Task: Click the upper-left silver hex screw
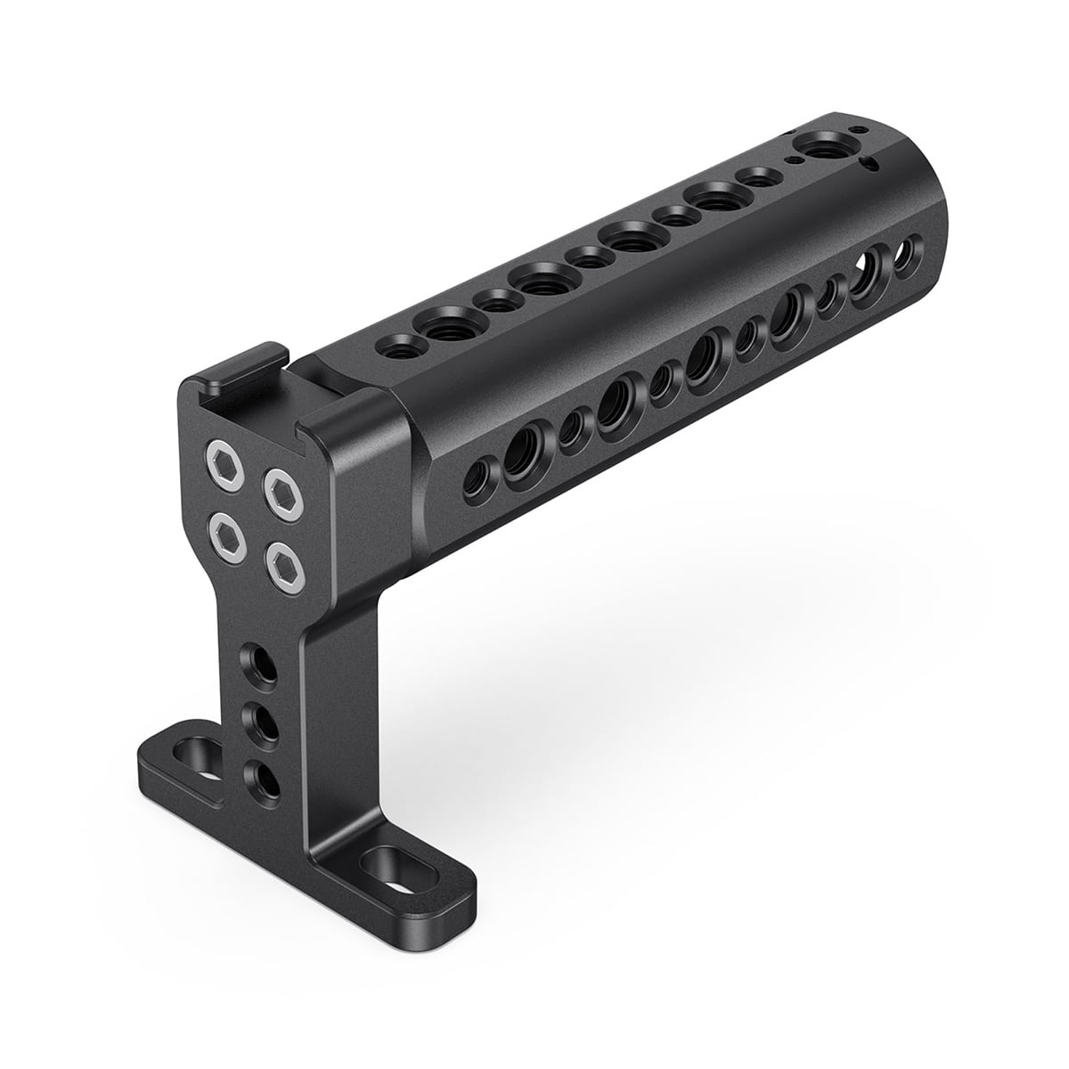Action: tap(220, 461)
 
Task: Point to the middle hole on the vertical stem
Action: tap(262, 719)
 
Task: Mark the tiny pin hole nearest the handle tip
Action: tap(859, 130)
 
